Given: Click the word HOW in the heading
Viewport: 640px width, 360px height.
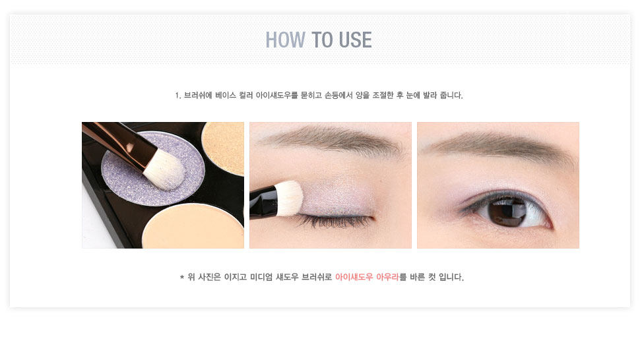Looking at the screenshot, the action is [x=285, y=40].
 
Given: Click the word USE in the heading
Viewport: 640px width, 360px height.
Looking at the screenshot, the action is [x=355, y=40].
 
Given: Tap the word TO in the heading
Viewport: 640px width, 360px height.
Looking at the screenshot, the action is [x=322, y=40].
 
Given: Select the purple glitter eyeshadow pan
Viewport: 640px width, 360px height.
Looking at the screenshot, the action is [x=153, y=168].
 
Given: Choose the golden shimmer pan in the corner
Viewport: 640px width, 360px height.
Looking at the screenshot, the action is [x=223, y=147].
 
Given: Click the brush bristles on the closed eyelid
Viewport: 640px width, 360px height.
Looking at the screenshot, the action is [x=288, y=198].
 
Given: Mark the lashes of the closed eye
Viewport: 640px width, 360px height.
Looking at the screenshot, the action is [x=335, y=221].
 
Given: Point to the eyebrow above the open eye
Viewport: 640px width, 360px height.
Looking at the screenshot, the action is [x=500, y=147].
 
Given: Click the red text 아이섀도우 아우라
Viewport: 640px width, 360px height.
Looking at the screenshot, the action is [x=367, y=277].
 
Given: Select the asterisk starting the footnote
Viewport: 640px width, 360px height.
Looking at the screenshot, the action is [x=181, y=278].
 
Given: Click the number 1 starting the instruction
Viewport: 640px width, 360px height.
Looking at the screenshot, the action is [x=177, y=96].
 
